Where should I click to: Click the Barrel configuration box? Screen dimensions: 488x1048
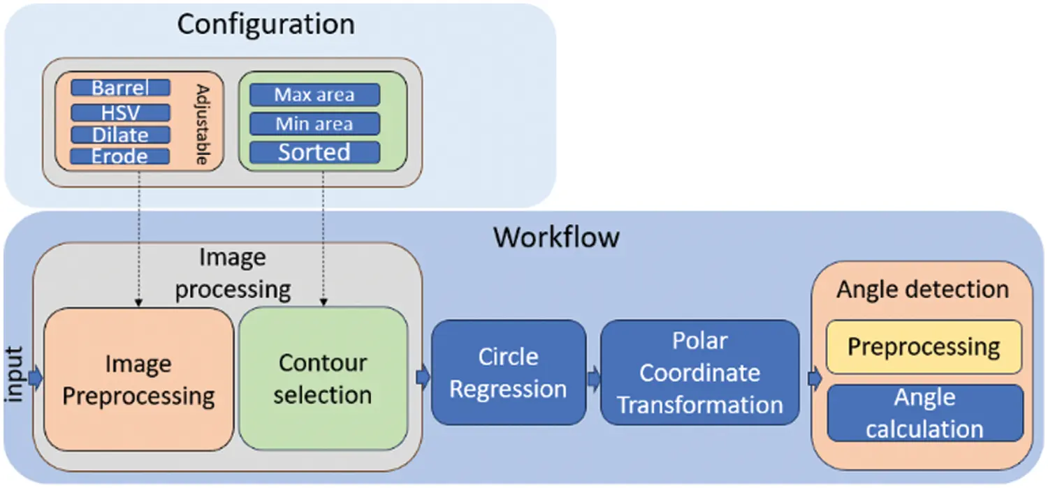120,88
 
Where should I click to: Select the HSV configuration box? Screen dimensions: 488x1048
120,112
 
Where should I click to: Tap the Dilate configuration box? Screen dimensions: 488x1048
120,134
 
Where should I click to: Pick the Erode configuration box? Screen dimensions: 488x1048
120,156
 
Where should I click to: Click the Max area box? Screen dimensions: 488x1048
314,95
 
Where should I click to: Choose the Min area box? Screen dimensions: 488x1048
314,124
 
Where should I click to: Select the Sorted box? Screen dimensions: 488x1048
314,152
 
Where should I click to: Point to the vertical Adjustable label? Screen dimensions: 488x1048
203,125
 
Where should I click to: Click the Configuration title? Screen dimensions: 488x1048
265,24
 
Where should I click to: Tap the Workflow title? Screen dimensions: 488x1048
556,237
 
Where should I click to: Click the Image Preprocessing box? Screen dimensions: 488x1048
138,379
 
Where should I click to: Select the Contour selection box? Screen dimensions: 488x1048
323,378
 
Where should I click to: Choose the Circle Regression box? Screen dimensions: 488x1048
508,373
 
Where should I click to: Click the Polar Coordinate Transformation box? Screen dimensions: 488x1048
699,373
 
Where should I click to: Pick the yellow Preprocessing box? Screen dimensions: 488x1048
924,347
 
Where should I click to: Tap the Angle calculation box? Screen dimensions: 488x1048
924,413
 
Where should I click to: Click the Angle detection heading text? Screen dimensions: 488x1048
922,289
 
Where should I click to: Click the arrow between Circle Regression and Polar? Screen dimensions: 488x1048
593,378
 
